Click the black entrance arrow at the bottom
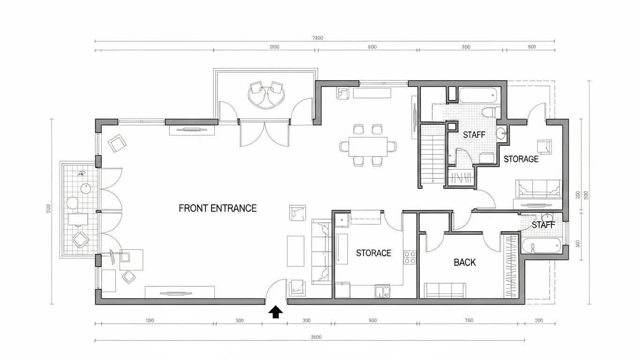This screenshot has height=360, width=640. [275, 312]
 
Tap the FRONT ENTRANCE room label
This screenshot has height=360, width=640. [218, 209]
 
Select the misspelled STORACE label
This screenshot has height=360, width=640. [373, 253]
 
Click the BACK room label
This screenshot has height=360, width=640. [465, 262]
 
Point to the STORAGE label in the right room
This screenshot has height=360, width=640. [521, 159]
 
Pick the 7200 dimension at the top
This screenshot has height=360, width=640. [317, 38]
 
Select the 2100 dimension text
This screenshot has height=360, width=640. [274, 47]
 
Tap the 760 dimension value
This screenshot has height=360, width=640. [469, 321]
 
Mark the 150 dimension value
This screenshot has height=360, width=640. [150, 321]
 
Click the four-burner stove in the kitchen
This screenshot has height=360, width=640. [410, 257]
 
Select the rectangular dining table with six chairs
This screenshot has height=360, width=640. [368, 145]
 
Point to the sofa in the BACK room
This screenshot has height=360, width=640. [444, 290]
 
